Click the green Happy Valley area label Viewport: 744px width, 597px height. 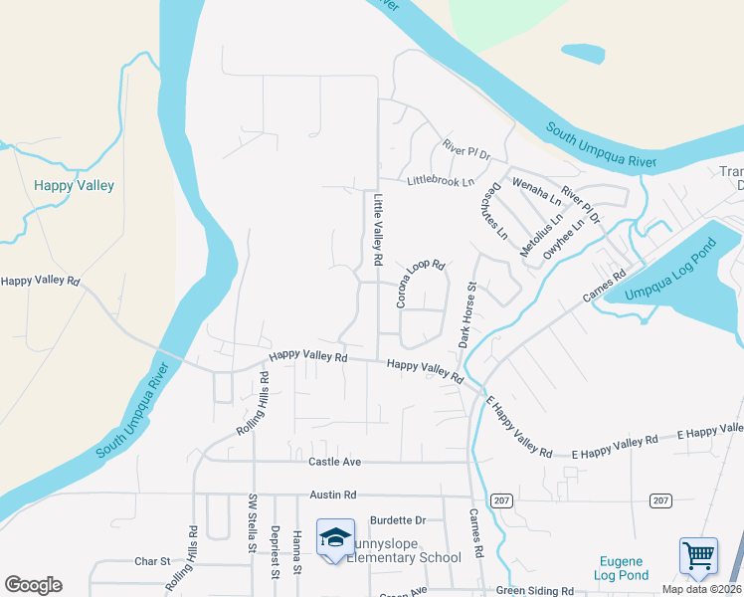[x=74, y=185]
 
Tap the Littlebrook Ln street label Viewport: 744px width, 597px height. [x=441, y=182]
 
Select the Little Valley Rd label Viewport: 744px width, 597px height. [x=378, y=229]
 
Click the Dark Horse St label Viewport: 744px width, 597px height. [x=466, y=314]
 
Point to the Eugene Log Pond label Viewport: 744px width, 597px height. [x=622, y=568]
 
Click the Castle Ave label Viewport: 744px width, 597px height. [x=334, y=463]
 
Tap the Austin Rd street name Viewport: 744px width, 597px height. [x=333, y=495]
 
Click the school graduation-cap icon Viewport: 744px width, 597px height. [x=335, y=537]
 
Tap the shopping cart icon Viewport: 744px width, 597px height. [x=698, y=555]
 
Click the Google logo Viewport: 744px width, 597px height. [x=33, y=585]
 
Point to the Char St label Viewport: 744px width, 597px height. [x=152, y=562]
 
